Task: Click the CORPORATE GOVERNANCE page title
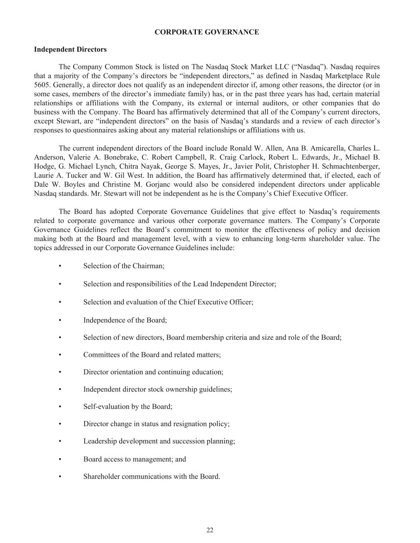point(207,32)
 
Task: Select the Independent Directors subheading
point(70,50)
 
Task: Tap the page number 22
point(210,530)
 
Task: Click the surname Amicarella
point(322,148)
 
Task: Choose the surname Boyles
point(75,185)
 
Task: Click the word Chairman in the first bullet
point(150,266)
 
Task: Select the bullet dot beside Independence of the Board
point(60,320)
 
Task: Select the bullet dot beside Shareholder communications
point(60,477)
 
